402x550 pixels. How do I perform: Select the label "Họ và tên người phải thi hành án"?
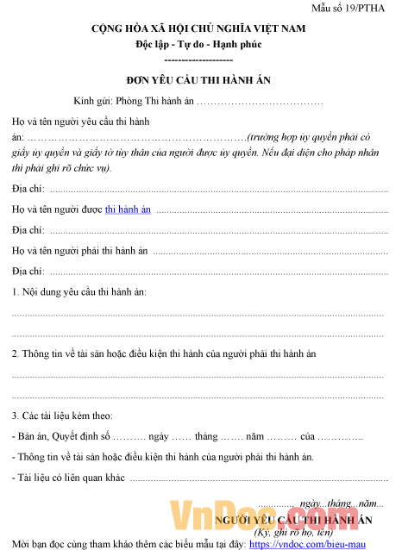[81, 251]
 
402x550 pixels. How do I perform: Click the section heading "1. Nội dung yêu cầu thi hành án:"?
[79, 292]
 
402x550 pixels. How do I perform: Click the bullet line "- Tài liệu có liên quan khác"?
[69, 478]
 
